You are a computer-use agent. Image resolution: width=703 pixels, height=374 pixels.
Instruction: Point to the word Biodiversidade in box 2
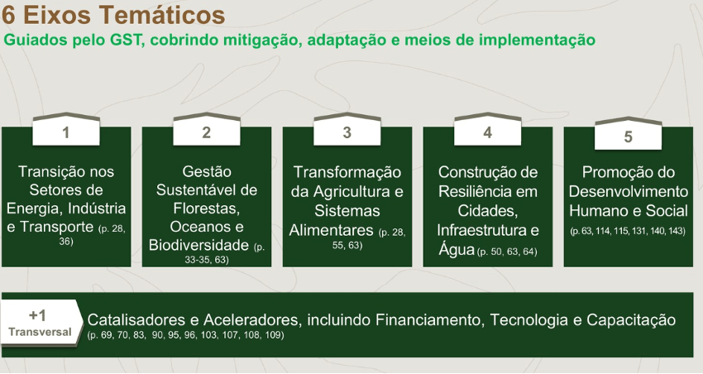[198, 245]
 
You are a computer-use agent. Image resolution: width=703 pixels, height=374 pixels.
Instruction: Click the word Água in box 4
[457, 249]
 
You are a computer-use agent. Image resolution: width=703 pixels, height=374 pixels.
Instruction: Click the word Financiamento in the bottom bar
[430, 319]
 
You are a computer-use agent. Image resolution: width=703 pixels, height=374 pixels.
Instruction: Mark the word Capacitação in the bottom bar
[631, 320]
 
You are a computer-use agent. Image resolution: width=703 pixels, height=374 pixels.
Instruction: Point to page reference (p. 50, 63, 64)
[507, 252]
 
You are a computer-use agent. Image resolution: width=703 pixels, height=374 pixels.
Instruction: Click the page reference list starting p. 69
[185, 335]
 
